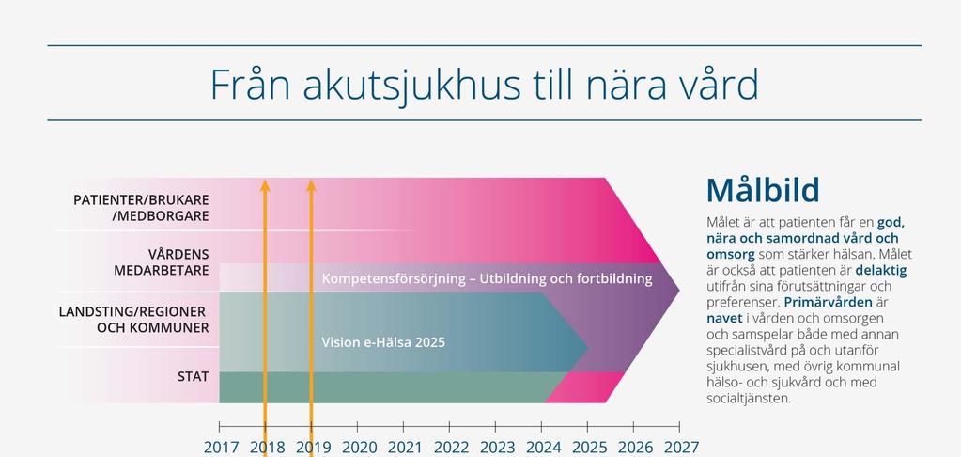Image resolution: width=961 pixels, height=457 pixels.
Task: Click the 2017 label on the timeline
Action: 222,448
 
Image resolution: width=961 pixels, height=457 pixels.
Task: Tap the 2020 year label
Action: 359,448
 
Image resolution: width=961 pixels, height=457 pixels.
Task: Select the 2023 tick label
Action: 497,448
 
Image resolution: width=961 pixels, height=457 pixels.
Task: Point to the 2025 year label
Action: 589,448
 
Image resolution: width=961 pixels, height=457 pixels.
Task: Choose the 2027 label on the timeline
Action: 681,448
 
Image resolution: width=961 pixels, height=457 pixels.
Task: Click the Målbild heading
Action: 763,190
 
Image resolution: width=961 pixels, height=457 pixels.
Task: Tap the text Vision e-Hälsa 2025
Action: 383,342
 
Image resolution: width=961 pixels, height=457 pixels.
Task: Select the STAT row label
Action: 194,377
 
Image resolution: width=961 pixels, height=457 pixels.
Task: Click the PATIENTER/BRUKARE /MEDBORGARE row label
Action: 141,208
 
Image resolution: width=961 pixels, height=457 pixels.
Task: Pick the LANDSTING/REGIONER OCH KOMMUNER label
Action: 133,320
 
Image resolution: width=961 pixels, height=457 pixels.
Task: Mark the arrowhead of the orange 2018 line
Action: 265,185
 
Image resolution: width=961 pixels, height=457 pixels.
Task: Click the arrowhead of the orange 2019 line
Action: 311,185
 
